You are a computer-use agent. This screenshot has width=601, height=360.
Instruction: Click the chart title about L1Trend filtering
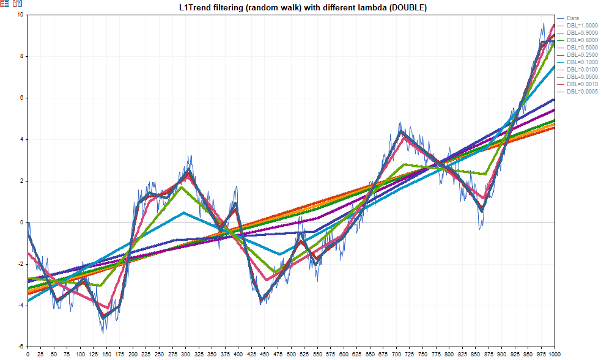click(x=300, y=7)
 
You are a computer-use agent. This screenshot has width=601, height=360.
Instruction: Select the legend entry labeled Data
click(x=572, y=18)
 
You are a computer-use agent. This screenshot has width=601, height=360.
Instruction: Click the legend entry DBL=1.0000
click(x=581, y=26)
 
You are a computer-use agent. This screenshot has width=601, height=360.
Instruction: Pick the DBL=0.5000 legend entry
click(x=581, y=48)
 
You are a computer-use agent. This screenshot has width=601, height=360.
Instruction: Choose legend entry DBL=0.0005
click(x=581, y=92)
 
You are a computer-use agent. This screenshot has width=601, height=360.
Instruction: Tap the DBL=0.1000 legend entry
click(x=581, y=62)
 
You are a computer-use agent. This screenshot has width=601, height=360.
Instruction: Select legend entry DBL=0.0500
click(x=581, y=77)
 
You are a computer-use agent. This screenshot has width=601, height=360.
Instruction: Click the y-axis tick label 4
click(x=21, y=139)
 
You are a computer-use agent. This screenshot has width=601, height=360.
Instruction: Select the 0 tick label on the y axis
click(x=21, y=222)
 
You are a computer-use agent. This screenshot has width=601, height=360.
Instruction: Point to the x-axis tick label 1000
click(x=554, y=354)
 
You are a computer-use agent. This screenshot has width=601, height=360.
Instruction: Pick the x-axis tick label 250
click(x=159, y=354)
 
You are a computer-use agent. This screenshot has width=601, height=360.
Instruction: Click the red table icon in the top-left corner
click(x=5, y=4)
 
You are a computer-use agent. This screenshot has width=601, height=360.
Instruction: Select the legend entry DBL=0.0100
click(x=581, y=70)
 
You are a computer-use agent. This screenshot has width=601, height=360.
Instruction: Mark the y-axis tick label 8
click(x=21, y=56)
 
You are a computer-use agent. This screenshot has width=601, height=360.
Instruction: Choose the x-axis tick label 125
click(x=94, y=354)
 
